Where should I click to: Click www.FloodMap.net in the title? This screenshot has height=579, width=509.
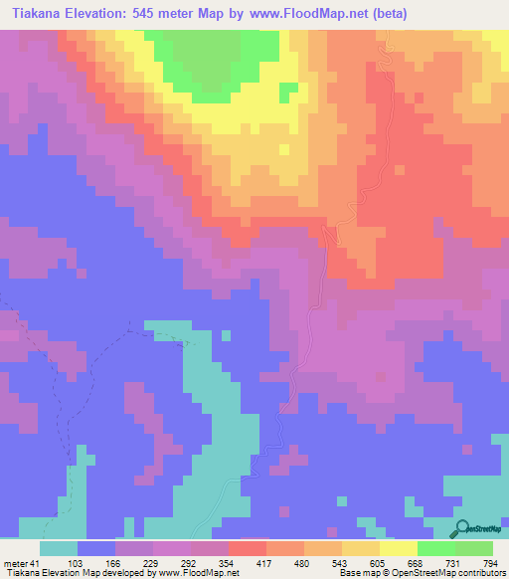coord(313,14)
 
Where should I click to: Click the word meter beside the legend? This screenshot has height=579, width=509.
coord(15,563)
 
